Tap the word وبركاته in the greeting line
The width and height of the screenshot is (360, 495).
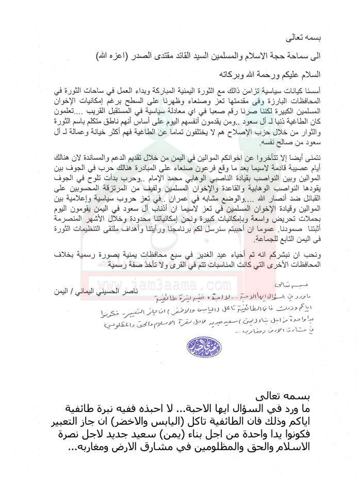click(x=217, y=74)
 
